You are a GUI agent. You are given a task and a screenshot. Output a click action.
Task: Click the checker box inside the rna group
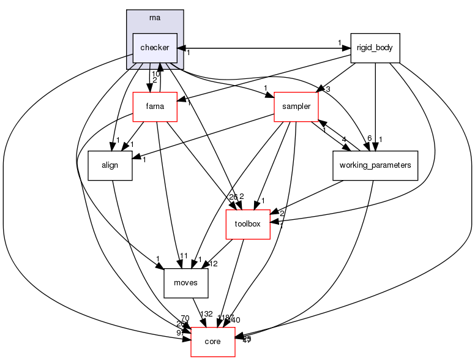click(x=154, y=48)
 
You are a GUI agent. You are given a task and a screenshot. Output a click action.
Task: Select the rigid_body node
click(x=375, y=48)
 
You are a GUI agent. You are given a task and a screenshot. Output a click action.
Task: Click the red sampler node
click(x=295, y=107)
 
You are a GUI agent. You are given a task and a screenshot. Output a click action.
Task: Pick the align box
click(x=110, y=165)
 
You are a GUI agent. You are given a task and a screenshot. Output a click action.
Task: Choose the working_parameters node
click(x=375, y=165)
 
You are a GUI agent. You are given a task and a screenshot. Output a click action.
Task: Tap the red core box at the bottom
click(x=213, y=341)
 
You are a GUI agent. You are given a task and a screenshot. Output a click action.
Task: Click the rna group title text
click(x=155, y=17)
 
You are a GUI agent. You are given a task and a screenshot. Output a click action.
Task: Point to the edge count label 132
click(x=206, y=314)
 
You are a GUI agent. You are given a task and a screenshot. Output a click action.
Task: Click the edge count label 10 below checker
click(x=155, y=74)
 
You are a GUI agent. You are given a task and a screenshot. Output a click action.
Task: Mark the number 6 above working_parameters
click(x=369, y=138)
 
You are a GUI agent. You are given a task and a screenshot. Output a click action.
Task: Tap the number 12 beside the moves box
click(x=214, y=264)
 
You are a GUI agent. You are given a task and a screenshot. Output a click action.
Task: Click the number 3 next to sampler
click(x=328, y=90)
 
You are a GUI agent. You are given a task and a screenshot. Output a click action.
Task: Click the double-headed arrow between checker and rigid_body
click(x=263, y=48)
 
